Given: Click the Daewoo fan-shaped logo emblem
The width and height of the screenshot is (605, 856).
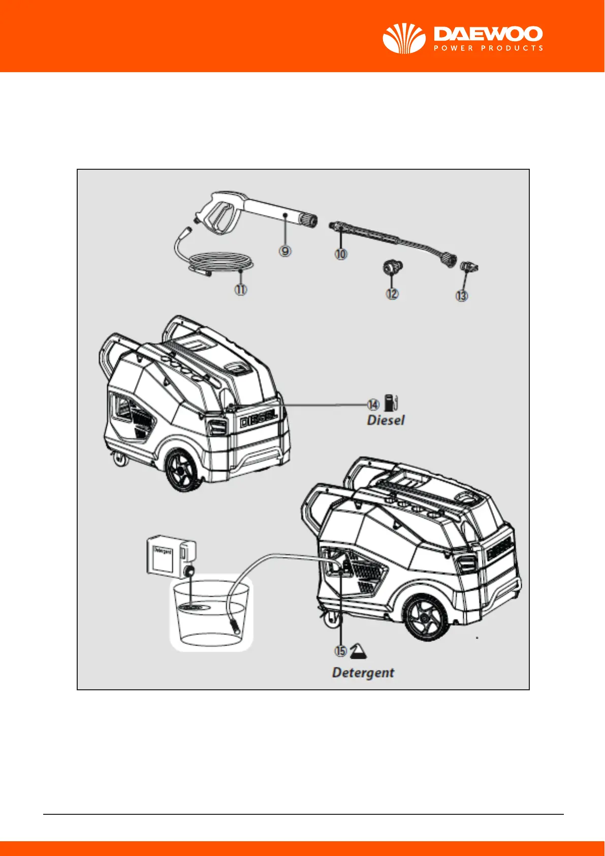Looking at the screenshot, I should pyautogui.click(x=404, y=39).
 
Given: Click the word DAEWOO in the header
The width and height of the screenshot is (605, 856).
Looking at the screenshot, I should pyautogui.click(x=488, y=35).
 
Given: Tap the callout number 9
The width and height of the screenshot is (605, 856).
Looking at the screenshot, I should pyautogui.click(x=285, y=251).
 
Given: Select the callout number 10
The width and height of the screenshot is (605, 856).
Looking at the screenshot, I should pyautogui.click(x=341, y=254).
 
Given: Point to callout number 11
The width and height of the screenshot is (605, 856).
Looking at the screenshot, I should pyautogui.click(x=240, y=290).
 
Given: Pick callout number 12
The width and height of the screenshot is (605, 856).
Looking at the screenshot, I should pyautogui.click(x=392, y=294).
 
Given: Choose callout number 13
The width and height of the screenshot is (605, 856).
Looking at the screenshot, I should pyautogui.click(x=461, y=295).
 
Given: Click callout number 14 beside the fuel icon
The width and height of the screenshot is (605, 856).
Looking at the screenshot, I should pyautogui.click(x=373, y=405).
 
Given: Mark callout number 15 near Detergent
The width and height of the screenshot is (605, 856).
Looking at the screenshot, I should pyautogui.click(x=340, y=651).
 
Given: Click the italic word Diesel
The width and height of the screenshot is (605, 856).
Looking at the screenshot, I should pyautogui.click(x=386, y=420).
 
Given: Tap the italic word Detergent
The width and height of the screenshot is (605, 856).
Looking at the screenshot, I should pyautogui.click(x=363, y=672).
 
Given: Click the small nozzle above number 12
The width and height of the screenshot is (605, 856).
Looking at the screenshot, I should pyautogui.click(x=392, y=267).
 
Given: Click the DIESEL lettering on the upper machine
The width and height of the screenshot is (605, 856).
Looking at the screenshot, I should pyautogui.click(x=259, y=420).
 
